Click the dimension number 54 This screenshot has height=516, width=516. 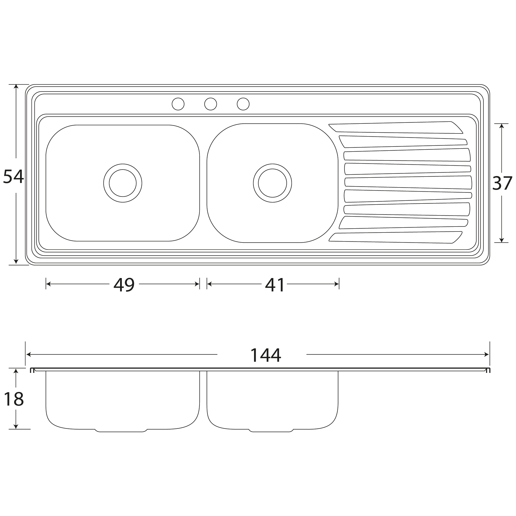pyautogui.click(x=13, y=177)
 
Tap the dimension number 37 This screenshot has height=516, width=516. pyautogui.click(x=502, y=183)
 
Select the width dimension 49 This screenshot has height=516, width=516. pyautogui.click(x=124, y=285)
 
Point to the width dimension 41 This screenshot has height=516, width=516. pyautogui.click(x=275, y=285)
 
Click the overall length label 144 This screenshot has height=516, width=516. pyautogui.click(x=265, y=355)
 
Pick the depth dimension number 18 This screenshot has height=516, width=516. pyautogui.click(x=14, y=399)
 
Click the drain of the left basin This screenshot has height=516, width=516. pyautogui.click(x=123, y=183)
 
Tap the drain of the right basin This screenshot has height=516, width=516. pyautogui.click(x=272, y=183)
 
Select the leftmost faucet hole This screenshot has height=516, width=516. pyautogui.click(x=178, y=104)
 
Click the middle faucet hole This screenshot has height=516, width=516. pyautogui.click(x=210, y=104)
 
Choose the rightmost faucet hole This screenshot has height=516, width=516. pyautogui.click(x=243, y=104)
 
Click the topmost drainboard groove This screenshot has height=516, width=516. pyautogui.click(x=395, y=128)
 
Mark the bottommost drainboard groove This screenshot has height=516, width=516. pyautogui.click(x=395, y=238)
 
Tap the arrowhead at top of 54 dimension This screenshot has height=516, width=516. pyautogui.click(x=16, y=86)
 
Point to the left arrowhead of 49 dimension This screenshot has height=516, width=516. pyautogui.click(x=48, y=284)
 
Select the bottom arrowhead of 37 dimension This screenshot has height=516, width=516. pyautogui.click(x=501, y=240)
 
